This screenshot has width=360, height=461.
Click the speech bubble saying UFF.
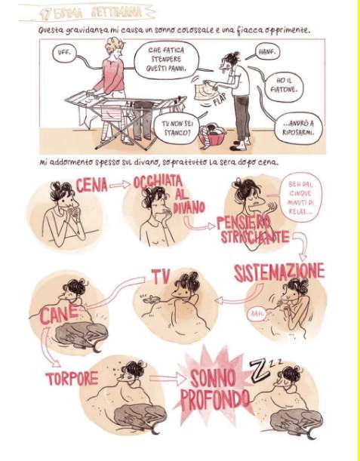coord(64,54)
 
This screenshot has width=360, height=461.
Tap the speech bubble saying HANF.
coord(267,52)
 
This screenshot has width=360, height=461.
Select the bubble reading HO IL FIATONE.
coord(284,85)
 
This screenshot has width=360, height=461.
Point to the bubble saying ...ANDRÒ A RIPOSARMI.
coord(298,128)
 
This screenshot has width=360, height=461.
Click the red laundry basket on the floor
coord(212,136)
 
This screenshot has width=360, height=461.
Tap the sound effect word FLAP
coord(220,100)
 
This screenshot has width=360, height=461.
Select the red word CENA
coord(91,186)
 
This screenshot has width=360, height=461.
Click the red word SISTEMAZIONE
coord(279,272)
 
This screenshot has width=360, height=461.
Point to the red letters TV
coord(161,276)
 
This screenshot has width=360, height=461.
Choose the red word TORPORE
coord(72,379)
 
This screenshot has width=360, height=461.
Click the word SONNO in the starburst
coord(213,378)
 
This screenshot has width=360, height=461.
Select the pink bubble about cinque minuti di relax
coord(300,197)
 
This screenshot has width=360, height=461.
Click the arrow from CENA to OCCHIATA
coord(120,185)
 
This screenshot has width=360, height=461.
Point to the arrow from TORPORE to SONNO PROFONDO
coord(168,379)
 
